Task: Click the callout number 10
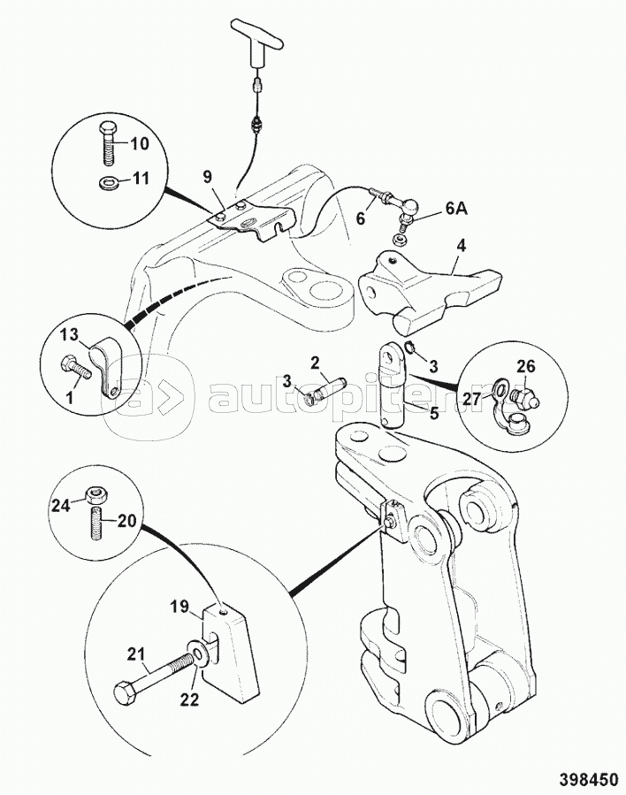(x=141, y=143)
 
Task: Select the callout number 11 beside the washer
(x=141, y=179)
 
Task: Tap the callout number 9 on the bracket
(x=207, y=177)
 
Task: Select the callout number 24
(x=61, y=506)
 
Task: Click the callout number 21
(x=134, y=654)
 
